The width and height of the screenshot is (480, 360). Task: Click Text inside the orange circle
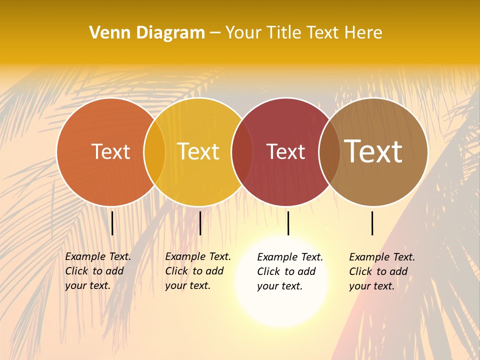[x=110, y=151]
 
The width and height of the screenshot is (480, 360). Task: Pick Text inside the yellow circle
[x=198, y=151]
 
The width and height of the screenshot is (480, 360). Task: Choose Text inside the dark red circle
[x=285, y=151]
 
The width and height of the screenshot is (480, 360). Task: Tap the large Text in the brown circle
[x=373, y=151]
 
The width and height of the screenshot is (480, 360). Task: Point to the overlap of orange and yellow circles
[x=154, y=152]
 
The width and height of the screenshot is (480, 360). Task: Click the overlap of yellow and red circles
[x=242, y=152]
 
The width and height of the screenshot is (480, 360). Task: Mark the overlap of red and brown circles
[x=329, y=152]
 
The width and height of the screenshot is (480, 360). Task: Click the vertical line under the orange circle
[x=112, y=223]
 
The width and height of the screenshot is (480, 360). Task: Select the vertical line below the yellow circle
[x=200, y=223]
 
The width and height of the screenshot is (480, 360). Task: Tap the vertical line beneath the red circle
[x=288, y=223]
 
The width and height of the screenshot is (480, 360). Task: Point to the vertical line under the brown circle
[x=372, y=223]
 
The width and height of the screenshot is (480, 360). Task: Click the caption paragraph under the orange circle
[x=97, y=271]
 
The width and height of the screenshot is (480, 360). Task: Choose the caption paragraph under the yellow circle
[x=197, y=271]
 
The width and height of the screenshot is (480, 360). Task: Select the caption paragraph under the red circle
[x=289, y=271]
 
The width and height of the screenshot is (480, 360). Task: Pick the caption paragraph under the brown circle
[x=381, y=271]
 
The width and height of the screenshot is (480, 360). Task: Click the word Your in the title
[x=243, y=32]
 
